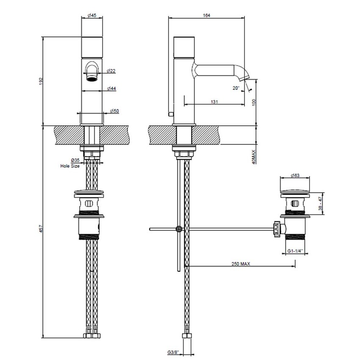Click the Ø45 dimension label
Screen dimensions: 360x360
[92, 15]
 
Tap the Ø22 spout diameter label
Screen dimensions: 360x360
[111, 71]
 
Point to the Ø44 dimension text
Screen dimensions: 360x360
[112, 88]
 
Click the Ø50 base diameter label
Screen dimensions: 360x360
[114, 111]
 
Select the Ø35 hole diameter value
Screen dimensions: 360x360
[75, 161]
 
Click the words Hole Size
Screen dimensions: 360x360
[70, 166]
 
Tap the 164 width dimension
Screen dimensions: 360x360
[206, 15]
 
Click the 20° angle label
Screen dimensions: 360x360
[236, 88]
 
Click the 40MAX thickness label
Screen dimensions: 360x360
[254, 156]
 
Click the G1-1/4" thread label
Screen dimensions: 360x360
[295, 251]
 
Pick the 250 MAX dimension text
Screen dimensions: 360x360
[242, 263]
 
